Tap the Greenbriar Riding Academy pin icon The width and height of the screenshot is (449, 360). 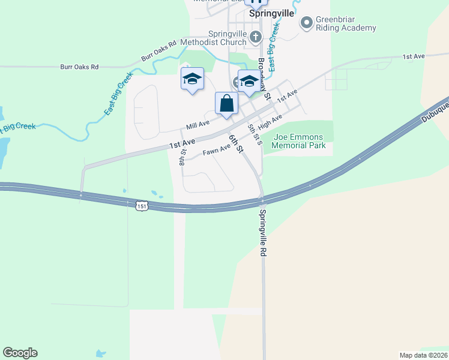point(307,23)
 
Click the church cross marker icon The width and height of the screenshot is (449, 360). point(255,37)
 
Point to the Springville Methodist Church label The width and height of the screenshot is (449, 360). point(228,38)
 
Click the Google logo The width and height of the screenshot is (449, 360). point(20,353)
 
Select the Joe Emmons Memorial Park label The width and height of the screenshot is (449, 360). point(299,141)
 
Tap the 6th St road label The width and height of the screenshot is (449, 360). point(235,143)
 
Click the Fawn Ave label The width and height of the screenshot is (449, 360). point(216,152)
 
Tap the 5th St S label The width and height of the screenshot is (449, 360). point(256,134)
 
